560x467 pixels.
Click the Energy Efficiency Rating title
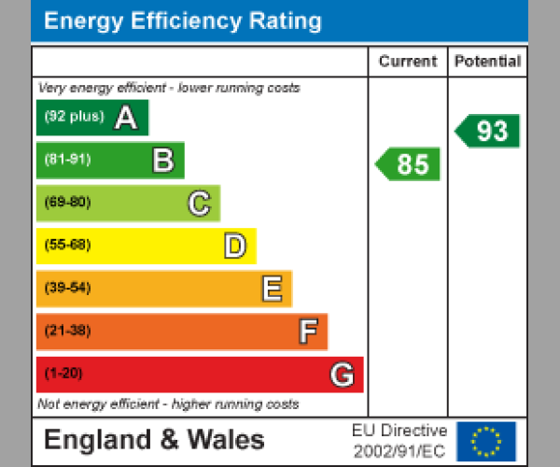(x=183, y=21)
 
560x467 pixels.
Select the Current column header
(x=408, y=62)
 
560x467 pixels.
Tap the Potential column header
(x=487, y=62)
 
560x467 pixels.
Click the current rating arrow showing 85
(x=409, y=164)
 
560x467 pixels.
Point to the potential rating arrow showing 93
(x=488, y=131)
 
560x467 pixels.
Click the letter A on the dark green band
(x=126, y=118)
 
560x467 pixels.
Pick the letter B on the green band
(x=162, y=161)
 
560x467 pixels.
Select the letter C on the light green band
(x=198, y=204)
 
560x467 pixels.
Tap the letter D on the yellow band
(x=234, y=247)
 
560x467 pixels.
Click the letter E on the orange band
(x=271, y=290)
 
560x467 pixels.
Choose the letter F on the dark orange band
(x=307, y=332)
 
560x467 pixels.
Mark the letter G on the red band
(x=343, y=375)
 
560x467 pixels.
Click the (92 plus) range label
(x=74, y=117)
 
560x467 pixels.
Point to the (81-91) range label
(x=67, y=160)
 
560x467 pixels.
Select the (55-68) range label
(x=67, y=246)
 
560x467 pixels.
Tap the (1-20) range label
(x=63, y=374)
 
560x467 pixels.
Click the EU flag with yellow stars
(x=485, y=441)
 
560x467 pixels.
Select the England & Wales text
(x=154, y=440)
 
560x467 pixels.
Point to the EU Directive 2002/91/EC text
(x=399, y=441)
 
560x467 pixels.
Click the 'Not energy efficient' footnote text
(x=168, y=404)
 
